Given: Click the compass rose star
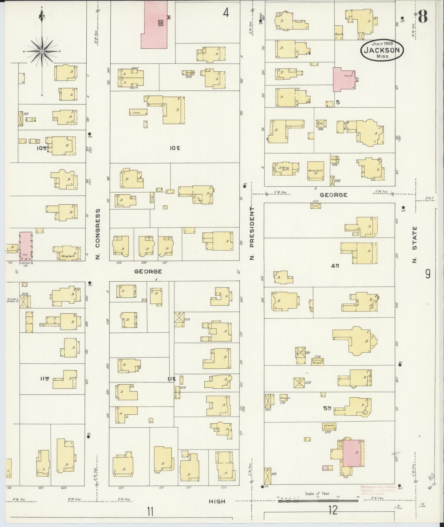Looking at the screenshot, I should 42,51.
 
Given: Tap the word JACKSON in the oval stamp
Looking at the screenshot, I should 382,50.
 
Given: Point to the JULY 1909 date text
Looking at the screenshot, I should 382,44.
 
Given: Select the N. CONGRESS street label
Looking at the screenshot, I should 98,234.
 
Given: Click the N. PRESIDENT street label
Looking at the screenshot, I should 252,233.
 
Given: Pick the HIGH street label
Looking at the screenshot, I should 217,501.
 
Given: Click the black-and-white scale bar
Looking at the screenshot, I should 318,501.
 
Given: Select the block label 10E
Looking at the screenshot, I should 175,148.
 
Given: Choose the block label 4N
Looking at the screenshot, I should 335,266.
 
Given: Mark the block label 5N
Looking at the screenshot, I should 326,408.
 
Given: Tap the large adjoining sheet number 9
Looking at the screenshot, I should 428,274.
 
